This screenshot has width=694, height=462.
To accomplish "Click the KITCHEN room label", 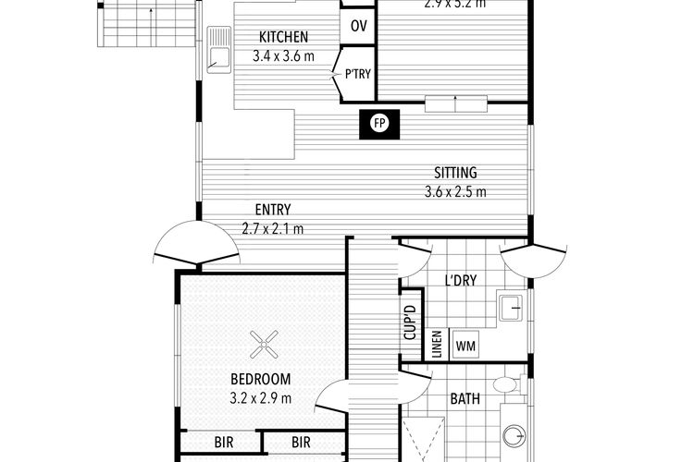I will pyautogui.click(x=283, y=38).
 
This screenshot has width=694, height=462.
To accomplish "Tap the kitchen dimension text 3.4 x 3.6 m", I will pyautogui.click(x=283, y=55).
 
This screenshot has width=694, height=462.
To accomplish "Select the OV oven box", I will pyautogui.click(x=358, y=26).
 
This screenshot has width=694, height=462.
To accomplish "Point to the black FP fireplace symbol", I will pyautogui.click(x=378, y=123).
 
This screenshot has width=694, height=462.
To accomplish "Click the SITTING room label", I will pyautogui.click(x=455, y=173).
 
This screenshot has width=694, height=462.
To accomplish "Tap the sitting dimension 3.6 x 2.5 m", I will pyautogui.click(x=455, y=192).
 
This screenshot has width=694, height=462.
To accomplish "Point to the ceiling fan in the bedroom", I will pyautogui.click(x=265, y=346).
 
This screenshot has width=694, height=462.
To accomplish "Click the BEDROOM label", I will pyautogui.click(x=261, y=379).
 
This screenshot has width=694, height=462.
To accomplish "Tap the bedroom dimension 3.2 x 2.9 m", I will pyautogui.click(x=261, y=398).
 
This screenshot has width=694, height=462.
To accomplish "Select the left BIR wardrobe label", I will pyautogui.click(x=223, y=444).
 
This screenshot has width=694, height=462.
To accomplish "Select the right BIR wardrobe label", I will pyautogui.click(x=301, y=444).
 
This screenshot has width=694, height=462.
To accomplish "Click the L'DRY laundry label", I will pyautogui.click(x=460, y=281).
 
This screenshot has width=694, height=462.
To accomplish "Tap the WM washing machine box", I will pyautogui.click(x=465, y=346).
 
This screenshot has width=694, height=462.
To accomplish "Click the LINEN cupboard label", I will pyautogui.click(x=437, y=346).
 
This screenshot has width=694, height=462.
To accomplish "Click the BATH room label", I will pyautogui.click(x=465, y=400).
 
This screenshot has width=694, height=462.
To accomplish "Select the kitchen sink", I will pyautogui.click(x=218, y=51).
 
